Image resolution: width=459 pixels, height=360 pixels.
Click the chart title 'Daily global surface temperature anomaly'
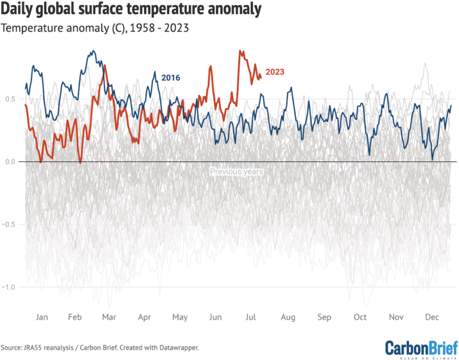coord(131,10)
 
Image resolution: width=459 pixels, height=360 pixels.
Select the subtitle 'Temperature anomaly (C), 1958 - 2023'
coord(95,28)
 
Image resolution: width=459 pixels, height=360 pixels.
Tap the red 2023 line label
coord(274,72)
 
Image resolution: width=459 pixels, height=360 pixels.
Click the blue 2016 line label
coord(171,78)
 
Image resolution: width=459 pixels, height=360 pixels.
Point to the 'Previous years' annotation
coord(236,172)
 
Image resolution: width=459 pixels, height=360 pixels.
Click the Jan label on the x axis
coord(42,316)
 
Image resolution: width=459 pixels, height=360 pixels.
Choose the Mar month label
coord(110,316)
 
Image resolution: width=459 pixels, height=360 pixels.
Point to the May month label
coord(180,316)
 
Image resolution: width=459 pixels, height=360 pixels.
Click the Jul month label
coord(251,316)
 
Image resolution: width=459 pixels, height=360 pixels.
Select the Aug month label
coord(287,316)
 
